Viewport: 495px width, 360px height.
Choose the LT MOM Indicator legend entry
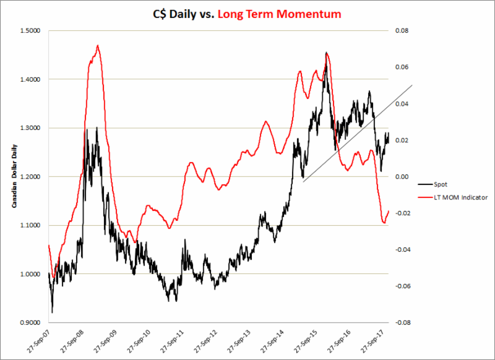coord(455,197)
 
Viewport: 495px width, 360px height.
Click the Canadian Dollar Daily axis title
coord(12,176)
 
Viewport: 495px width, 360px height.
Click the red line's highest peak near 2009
coord(98,45)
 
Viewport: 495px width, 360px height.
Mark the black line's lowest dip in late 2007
coord(52,312)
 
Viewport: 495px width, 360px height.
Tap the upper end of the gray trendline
coord(411,85)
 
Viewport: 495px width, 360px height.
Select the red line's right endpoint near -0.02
coord(389,212)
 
